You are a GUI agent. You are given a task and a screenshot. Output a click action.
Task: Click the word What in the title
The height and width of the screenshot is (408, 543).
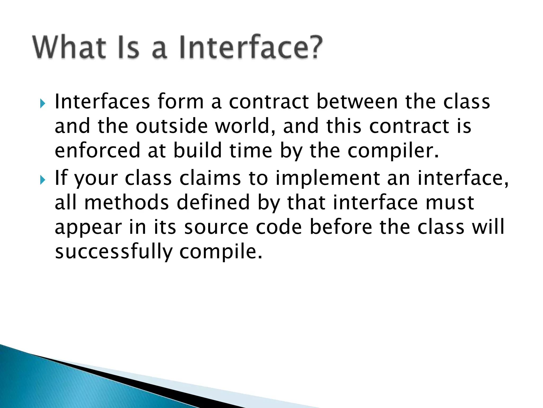pyautogui.click(x=69, y=47)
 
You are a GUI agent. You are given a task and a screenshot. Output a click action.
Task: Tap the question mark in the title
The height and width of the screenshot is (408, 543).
pyautogui.click(x=314, y=47)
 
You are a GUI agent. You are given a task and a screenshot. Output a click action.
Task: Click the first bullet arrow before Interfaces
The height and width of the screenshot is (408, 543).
pyautogui.click(x=42, y=103)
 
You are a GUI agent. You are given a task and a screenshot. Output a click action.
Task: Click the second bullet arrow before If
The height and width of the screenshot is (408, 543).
pyautogui.click(x=42, y=180)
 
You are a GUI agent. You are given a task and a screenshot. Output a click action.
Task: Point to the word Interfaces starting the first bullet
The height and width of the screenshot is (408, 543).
pyautogui.click(x=102, y=102)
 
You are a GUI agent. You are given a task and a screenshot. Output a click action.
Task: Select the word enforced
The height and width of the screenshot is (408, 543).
pyautogui.click(x=97, y=151)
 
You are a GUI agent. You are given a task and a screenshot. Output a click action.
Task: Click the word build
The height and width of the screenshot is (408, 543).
pyautogui.click(x=197, y=151)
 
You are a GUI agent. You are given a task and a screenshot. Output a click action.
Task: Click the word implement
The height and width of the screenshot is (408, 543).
pyautogui.click(x=328, y=178)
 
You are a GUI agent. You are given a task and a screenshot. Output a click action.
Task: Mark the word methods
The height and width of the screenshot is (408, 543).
pyautogui.click(x=126, y=202)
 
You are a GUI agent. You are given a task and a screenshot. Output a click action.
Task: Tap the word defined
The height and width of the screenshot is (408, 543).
pyautogui.click(x=213, y=202)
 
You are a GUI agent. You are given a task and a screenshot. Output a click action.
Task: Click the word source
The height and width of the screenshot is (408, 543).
pyautogui.click(x=216, y=227)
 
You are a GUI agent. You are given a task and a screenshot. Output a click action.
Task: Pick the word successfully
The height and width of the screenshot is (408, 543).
pyautogui.click(x=114, y=252)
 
